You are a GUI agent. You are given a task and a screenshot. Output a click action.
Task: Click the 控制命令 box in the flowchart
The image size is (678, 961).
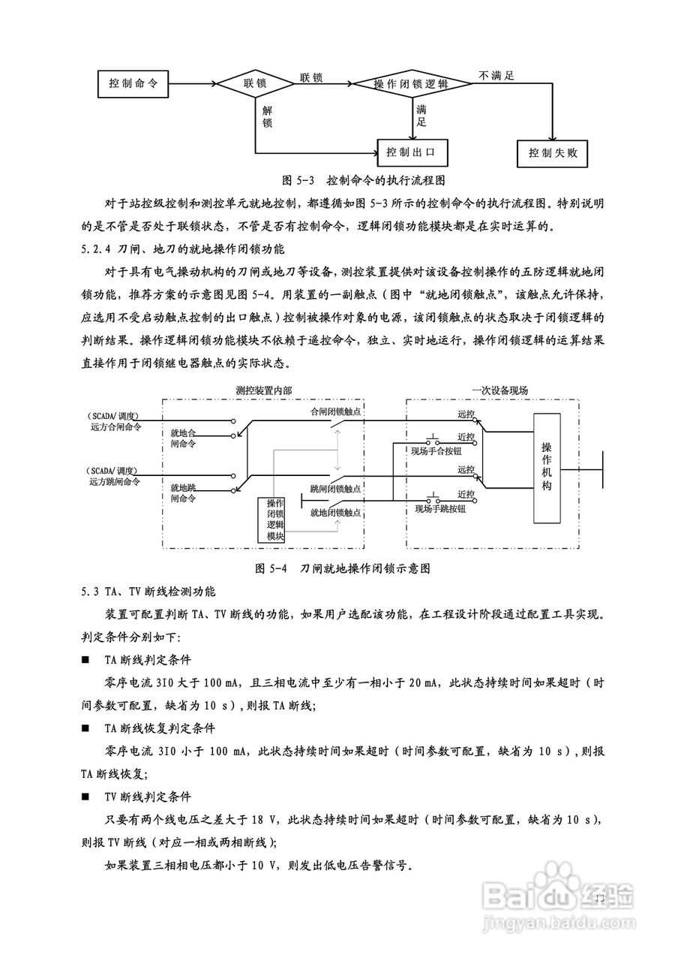(133, 83)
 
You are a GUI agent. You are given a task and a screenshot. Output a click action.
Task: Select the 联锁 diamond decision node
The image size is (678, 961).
(255, 83)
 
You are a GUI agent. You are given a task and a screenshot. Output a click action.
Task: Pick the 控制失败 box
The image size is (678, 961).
(553, 153)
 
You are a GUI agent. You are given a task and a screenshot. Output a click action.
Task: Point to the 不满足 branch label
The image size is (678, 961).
(496, 75)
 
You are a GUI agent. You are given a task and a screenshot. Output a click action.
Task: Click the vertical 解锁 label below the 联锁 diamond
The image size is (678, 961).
(267, 116)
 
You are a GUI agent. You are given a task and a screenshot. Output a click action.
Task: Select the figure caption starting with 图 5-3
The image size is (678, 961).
(364, 181)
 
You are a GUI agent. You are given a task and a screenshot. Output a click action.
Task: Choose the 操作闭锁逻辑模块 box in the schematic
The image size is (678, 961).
(274, 520)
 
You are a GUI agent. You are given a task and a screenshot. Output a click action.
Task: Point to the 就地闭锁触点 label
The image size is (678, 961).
(336, 512)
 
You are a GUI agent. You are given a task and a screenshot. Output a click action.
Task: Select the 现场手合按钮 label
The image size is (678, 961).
(435, 450)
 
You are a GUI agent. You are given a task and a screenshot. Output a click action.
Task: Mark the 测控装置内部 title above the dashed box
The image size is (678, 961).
(263, 390)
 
